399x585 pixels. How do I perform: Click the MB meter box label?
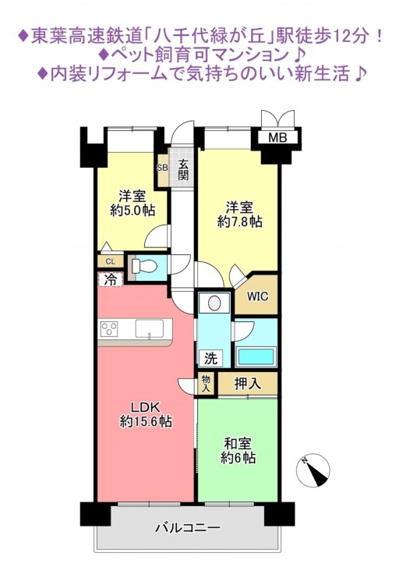(277, 138)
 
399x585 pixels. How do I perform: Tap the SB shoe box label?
(162, 168)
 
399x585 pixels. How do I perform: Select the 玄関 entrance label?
(182, 170)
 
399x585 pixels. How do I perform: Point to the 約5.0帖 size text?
(132, 211)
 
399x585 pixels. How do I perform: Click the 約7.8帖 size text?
(240, 222)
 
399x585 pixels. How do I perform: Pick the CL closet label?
(110, 261)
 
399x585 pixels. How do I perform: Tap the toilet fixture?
(143, 266)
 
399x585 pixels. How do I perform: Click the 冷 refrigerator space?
(111, 279)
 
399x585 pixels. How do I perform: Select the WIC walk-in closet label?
(257, 296)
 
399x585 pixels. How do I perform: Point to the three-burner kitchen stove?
(109, 329)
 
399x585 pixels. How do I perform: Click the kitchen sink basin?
(149, 328)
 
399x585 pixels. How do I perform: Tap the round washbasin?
(214, 303)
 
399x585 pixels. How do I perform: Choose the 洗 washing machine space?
(210, 359)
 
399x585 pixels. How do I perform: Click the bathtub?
(256, 356)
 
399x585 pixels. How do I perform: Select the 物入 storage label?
(206, 384)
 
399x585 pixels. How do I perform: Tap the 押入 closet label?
(247, 384)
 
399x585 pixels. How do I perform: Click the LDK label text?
(145, 406)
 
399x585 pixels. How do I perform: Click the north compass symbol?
(313, 471)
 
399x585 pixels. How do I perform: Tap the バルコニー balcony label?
(188, 527)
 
